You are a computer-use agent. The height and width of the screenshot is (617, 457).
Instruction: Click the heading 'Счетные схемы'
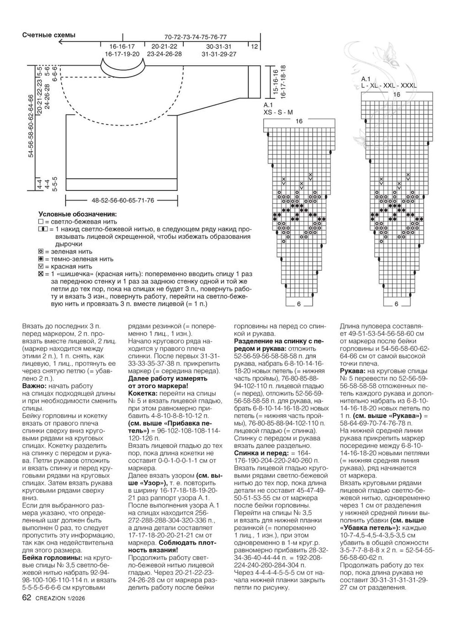point(49,35)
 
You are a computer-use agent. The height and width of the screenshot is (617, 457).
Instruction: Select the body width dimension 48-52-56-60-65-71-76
point(122,200)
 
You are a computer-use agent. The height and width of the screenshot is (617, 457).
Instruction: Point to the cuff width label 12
point(255,47)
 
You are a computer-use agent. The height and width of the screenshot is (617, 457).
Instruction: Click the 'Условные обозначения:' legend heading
point(77,214)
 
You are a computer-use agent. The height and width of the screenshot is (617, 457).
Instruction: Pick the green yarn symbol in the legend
point(41,251)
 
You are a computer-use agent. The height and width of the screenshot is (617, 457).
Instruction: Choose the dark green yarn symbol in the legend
point(41,258)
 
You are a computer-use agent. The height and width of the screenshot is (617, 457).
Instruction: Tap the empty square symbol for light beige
point(41,221)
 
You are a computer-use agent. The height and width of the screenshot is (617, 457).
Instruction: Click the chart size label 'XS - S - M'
point(278,112)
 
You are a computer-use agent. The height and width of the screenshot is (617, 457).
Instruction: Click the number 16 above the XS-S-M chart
point(299,121)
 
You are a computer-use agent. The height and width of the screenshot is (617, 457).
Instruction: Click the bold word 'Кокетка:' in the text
point(143,393)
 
